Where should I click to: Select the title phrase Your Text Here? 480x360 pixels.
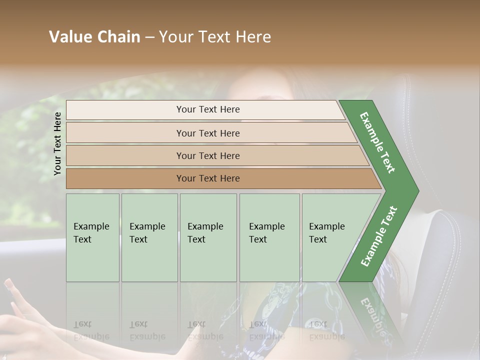[x=215, y=37]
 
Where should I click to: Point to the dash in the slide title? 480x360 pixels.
[x=149, y=37]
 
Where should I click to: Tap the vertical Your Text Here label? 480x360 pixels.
[x=57, y=143]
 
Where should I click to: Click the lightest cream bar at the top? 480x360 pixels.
[x=207, y=109]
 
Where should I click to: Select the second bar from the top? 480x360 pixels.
[x=207, y=133]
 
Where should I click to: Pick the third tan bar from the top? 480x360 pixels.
[x=207, y=155]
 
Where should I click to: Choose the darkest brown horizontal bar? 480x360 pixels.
[x=207, y=178]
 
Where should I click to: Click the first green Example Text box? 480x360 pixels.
[x=92, y=237]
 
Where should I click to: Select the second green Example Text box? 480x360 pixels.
[x=149, y=237]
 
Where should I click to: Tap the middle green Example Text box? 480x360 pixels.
[x=208, y=237]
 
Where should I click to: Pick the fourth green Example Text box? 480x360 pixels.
[x=269, y=237]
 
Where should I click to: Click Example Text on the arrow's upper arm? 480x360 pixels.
[x=377, y=142]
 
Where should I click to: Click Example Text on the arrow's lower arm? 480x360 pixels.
[x=378, y=236]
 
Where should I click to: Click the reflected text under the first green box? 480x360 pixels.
[x=91, y=330]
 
